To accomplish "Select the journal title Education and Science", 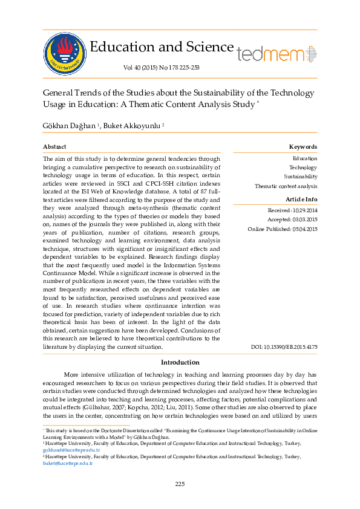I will [x=162, y=47].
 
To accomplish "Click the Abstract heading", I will [x=54, y=147].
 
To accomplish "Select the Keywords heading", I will [x=303, y=147].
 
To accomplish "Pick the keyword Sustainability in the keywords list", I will [x=301, y=177].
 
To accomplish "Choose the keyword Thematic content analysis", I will [x=286, y=186].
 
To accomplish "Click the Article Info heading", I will [x=301, y=199].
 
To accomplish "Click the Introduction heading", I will [x=180, y=362].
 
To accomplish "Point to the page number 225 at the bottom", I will [x=180, y=484].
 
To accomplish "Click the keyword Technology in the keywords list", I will [x=303, y=167].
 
